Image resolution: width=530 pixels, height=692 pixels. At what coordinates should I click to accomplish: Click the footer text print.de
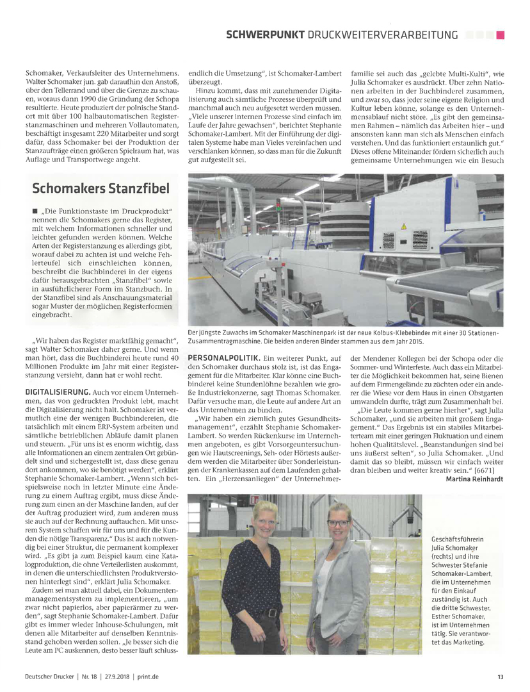[148, 675]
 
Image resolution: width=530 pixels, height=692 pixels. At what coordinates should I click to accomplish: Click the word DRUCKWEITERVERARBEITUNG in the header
[389, 35]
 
